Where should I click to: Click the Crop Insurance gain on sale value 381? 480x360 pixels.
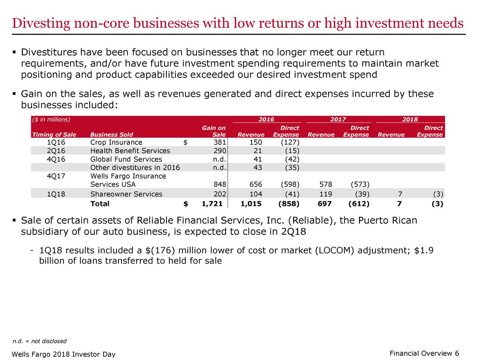[219, 142]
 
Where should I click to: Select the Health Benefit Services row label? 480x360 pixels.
[130, 151]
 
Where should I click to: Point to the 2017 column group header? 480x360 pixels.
[338, 120]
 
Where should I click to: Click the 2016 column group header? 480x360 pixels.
[266, 120]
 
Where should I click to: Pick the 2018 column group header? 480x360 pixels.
[410, 120]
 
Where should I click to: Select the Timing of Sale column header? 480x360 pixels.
[54, 135]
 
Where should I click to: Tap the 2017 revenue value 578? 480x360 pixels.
[325, 184]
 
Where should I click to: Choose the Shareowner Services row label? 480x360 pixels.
[126, 194]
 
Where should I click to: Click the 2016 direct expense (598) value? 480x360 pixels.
[289, 184]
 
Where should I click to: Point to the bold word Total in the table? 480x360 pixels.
[100, 204]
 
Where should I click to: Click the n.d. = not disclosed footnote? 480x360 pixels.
[39, 341]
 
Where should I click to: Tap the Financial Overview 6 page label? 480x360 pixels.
[424, 354]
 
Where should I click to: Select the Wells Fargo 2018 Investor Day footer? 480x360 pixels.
[63, 355]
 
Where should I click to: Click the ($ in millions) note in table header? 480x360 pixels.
[51, 120]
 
